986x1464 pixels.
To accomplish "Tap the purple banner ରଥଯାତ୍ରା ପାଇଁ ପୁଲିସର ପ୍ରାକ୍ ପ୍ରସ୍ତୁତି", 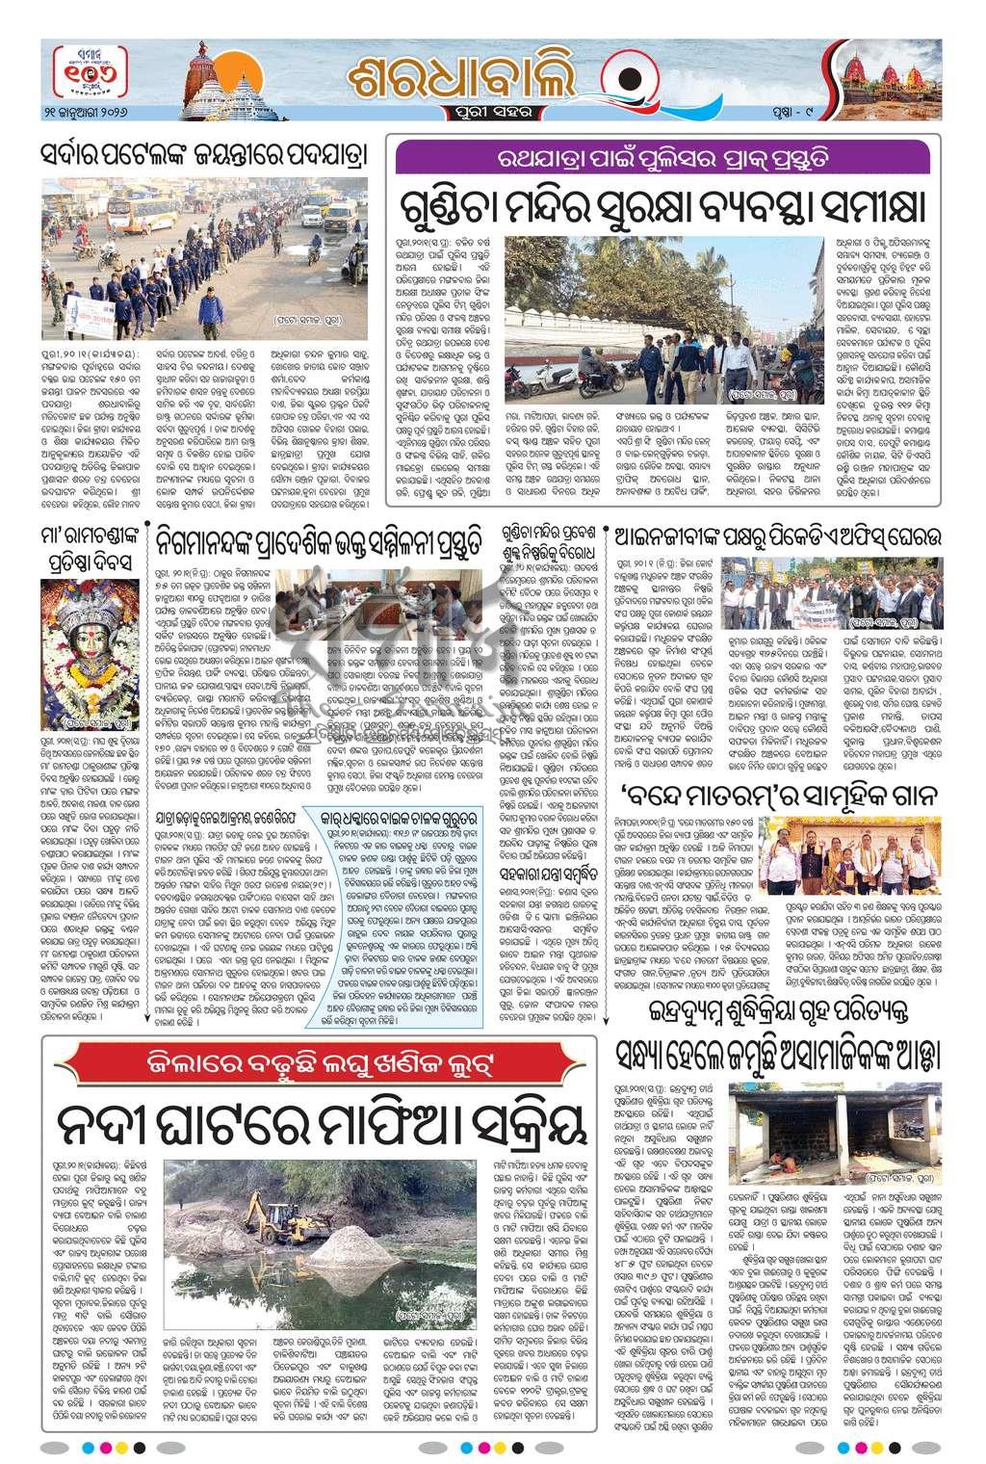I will pyautogui.click(x=662, y=156).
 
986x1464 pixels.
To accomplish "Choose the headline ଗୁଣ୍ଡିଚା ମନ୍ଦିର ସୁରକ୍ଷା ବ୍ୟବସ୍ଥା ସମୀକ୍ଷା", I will pyautogui.click(x=662, y=205).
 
